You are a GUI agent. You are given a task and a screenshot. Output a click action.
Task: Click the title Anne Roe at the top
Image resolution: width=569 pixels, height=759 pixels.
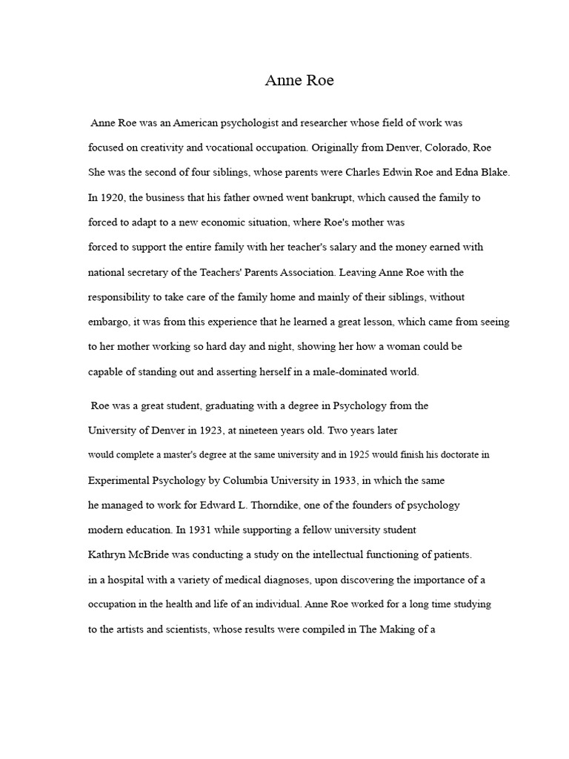coord(299,81)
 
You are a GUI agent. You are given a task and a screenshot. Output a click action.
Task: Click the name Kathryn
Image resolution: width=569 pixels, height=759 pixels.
coord(110,554)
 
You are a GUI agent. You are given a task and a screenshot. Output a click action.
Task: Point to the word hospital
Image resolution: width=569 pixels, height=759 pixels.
coord(126,580)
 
